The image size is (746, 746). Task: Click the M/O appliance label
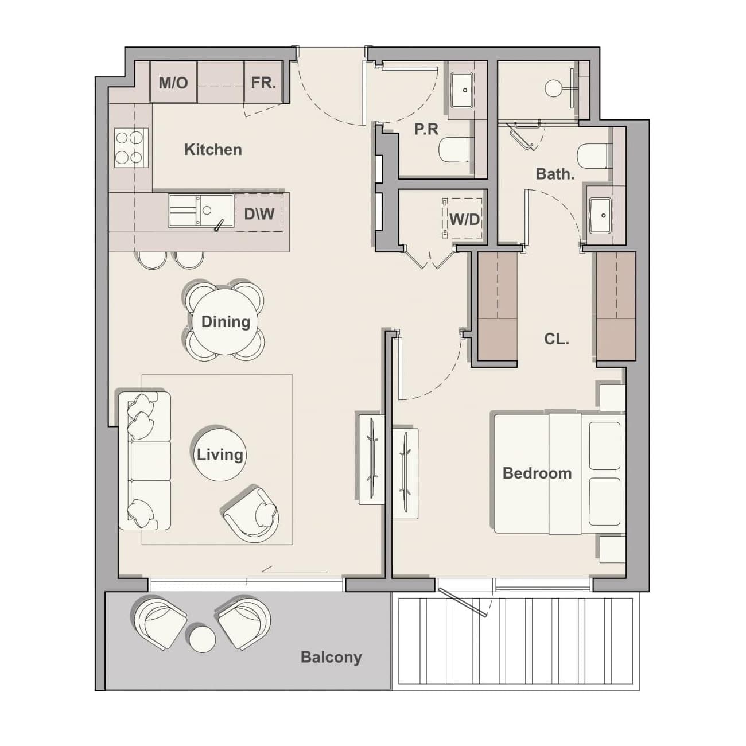tap(173, 83)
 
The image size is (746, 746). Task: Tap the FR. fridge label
tap(263, 83)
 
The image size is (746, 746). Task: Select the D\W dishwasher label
tap(259, 213)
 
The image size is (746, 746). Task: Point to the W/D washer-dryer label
tap(465, 220)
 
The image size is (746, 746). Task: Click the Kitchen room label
tap(213, 149)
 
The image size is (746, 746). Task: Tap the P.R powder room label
tap(426, 129)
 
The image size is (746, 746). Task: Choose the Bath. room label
tap(555, 174)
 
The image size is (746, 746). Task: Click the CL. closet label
tap(556, 339)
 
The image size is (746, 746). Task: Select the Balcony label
tap(331, 658)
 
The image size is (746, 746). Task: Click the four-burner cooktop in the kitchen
tap(131, 148)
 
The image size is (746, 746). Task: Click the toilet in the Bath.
tap(595, 156)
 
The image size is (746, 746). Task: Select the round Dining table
tap(226, 322)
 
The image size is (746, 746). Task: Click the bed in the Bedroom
tap(560, 473)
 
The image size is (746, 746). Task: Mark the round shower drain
tap(553, 88)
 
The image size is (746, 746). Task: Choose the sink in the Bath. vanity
tap(600, 216)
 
